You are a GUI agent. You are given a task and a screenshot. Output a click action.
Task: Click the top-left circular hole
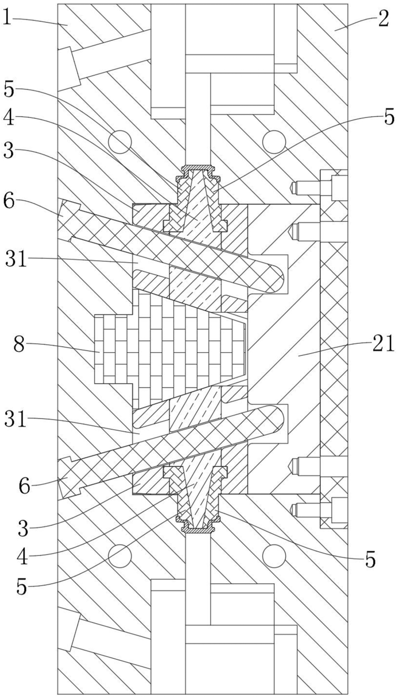tap(120, 141)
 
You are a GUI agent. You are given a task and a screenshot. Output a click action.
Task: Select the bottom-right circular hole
tap(274, 556)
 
